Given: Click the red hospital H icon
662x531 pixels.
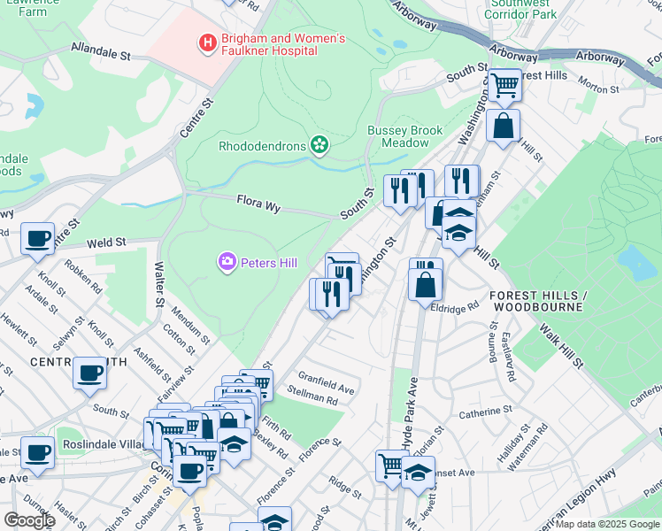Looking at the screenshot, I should pos(208,42).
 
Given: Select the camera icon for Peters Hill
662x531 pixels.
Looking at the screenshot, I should pos(227,261).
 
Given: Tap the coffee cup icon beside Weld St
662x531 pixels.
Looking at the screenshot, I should pos(37,238).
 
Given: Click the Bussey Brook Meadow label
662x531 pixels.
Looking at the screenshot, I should pos(404,136).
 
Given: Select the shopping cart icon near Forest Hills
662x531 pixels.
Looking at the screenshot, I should pos(504,86).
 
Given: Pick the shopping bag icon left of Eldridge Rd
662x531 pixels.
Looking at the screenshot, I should pos(426,283).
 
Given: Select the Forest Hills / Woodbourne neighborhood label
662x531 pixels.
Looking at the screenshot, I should pos(538,301).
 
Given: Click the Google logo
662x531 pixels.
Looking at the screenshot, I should pos(30,520).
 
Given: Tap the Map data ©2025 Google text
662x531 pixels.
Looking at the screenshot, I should pos(606,524).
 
